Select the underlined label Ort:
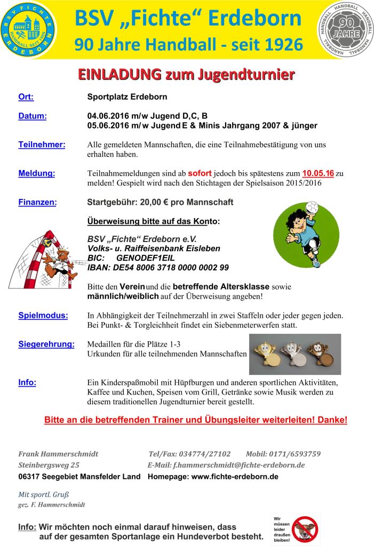pyautogui.click(x=26, y=97)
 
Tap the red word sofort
pyautogui.click(x=200, y=173)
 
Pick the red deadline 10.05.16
pyautogui.click(x=318, y=173)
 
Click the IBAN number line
pyautogui.click(x=158, y=267)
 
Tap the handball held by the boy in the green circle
pyautogui.click(x=312, y=208)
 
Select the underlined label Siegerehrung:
pyautogui.click(x=46, y=344)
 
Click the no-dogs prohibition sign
pyautogui.click(x=305, y=528)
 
